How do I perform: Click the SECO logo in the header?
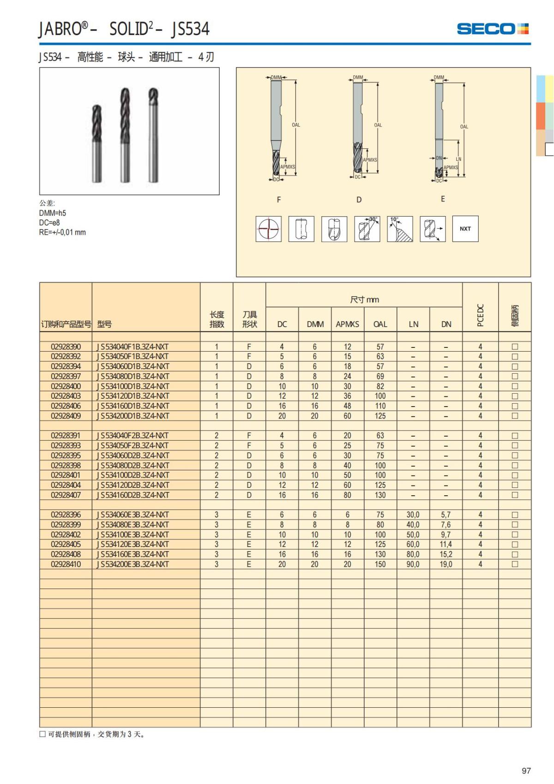click(x=492, y=29)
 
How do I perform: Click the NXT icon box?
click(x=465, y=229)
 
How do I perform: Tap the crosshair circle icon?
click(x=268, y=229)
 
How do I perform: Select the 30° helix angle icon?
click(x=367, y=229)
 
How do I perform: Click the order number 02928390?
click(x=66, y=346)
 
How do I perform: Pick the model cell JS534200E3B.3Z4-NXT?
click(x=133, y=564)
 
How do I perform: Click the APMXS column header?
click(x=347, y=324)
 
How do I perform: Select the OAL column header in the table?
click(x=380, y=324)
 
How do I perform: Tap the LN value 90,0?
click(x=413, y=564)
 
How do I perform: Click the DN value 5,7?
click(x=446, y=515)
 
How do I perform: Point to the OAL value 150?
click(x=380, y=564)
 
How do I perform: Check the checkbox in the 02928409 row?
click(x=515, y=416)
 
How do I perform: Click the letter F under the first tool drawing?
click(x=278, y=200)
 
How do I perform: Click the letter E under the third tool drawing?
click(x=443, y=199)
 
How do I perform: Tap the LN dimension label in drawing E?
click(x=458, y=159)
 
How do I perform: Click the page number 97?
click(x=526, y=771)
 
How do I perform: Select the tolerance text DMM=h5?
click(x=53, y=213)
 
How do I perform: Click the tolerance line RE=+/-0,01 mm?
click(x=62, y=232)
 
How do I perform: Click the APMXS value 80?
click(x=347, y=495)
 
